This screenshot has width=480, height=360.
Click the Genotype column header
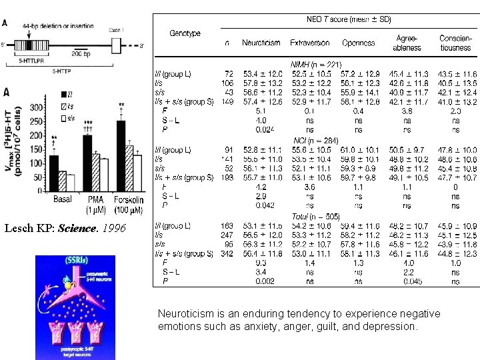185,33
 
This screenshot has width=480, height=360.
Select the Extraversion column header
309,43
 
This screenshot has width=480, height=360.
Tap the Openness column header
358,43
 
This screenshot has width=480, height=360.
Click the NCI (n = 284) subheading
315,141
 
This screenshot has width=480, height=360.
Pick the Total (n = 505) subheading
315,217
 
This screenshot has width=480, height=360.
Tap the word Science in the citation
75,228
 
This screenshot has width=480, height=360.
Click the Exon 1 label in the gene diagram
117,30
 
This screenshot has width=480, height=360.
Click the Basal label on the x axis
63,199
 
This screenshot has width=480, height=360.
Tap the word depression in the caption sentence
391,327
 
